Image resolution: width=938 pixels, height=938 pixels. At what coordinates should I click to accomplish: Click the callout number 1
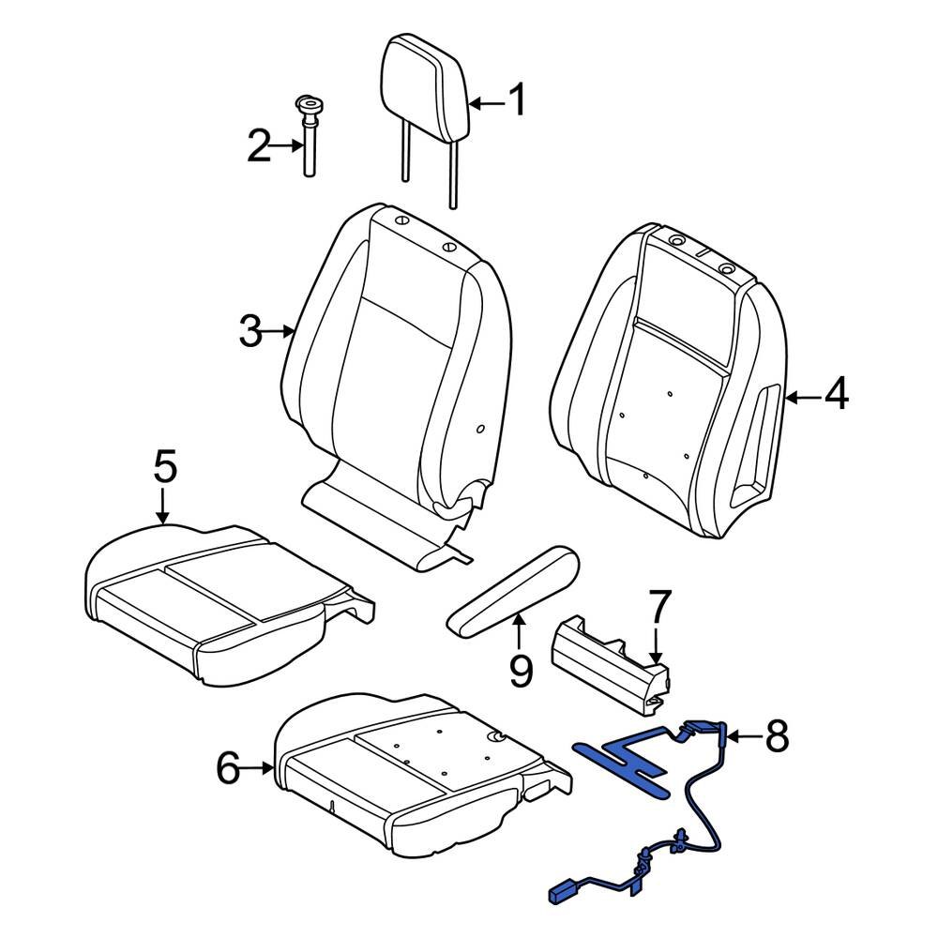[x=517, y=100]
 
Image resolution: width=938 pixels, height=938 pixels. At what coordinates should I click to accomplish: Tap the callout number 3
[x=250, y=331]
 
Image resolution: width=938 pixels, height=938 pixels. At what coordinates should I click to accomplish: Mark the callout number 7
[x=658, y=611]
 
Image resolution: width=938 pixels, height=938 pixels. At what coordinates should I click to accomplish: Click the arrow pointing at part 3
[x=281, y=331]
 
